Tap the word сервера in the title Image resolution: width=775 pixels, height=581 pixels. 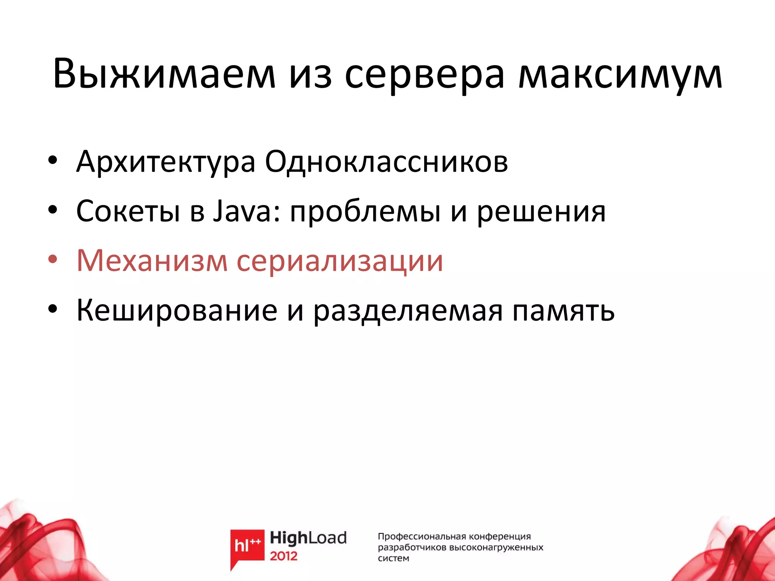tap(425, 75)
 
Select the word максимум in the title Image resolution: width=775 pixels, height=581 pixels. tap(620, 75)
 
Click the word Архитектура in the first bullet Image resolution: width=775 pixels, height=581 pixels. tap(166, 162)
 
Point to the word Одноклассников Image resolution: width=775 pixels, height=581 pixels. tap(386, 162)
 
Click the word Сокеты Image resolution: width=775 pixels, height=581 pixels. tap(128, 211)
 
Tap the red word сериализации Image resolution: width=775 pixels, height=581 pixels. tap(339, 261)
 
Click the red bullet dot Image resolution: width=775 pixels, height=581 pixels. tap(53, 260)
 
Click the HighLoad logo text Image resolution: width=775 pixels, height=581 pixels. tap(308, 538)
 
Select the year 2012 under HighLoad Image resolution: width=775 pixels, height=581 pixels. tap(283, 556)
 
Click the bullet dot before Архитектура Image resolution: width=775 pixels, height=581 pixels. tap(53, 161)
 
